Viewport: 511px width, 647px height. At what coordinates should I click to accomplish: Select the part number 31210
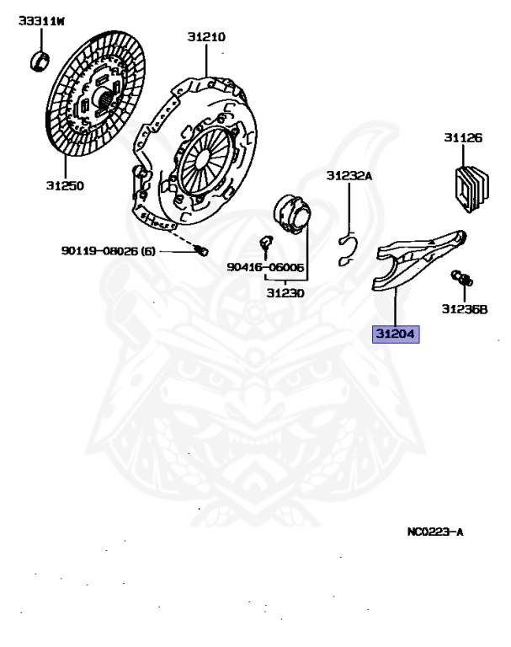206,37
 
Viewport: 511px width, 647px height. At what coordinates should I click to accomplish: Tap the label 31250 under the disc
64,184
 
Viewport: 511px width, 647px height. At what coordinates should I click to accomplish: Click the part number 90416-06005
264,267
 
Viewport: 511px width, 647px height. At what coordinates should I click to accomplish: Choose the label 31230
285,293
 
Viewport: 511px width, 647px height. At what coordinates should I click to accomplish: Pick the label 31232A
349,176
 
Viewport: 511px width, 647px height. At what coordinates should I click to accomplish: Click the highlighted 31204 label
397,334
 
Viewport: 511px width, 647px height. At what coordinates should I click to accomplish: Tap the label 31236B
464,309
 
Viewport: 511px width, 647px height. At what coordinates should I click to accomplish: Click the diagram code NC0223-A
435,532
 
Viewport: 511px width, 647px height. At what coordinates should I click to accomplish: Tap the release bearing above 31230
292,214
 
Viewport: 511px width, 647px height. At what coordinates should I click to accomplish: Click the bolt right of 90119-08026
201,250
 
